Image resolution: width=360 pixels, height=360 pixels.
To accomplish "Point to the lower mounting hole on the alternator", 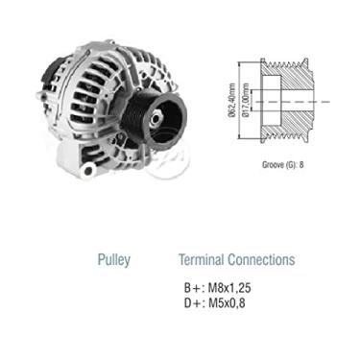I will pyautogui.click(x=90, y=170).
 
